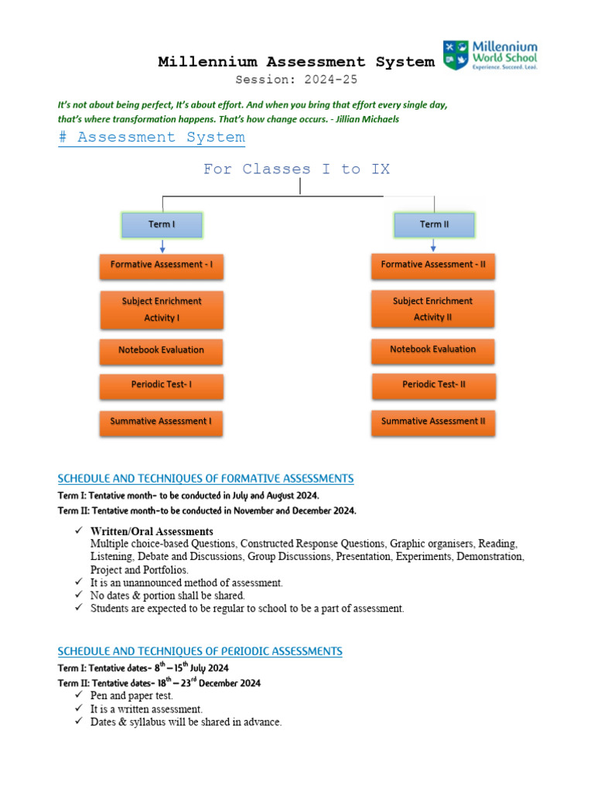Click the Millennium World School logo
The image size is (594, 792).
[490, 56]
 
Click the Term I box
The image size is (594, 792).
[162, 225]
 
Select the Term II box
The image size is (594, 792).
[434, 225]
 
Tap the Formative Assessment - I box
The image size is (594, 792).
[162, 265]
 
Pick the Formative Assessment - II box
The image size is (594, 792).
[433, 265]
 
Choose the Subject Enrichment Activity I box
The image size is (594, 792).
[162, 309]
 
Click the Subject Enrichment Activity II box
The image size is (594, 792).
[433, 309]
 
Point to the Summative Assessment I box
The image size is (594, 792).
[162, 422]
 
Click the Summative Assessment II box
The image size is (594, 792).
[433, 422]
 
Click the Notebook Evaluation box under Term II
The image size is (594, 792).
[433, 350]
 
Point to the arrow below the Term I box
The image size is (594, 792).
[162, 246]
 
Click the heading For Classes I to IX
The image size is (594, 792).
[296, 169]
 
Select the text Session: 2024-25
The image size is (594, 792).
[296, 80]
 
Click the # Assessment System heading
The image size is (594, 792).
[152, 138]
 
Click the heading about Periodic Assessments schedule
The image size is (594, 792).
[200, 651]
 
